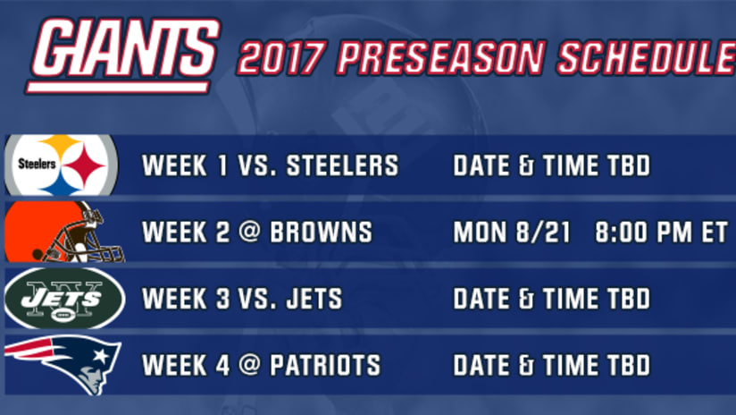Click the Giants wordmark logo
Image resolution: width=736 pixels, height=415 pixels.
tap(123, 55)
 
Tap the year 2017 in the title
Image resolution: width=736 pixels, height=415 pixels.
tap(280, 58)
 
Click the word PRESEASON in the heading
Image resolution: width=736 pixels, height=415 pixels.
tap(441, 58)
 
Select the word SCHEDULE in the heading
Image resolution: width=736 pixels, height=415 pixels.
tap(647, 58)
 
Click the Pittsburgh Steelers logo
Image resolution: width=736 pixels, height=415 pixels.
tap(61, 165)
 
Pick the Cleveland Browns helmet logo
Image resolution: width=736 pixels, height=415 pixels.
tap(64, 232)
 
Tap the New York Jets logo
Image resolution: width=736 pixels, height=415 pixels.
tap(65, 299)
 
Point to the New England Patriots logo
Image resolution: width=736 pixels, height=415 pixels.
tap(63, 364)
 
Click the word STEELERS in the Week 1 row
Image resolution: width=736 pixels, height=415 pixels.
tap(343, 165)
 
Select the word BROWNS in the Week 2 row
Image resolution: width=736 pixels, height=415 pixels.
tap(321, 233)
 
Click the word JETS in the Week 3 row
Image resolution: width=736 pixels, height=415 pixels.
tap(314, 299)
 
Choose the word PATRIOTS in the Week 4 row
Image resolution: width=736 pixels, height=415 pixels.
tap(325, 365)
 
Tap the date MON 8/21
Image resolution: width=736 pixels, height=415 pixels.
tap(512, 233)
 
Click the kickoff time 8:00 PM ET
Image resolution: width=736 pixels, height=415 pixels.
tap(661, 233)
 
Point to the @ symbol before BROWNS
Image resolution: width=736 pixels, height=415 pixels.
tap(249, 233)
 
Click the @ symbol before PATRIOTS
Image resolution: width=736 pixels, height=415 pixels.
tap(249, 365)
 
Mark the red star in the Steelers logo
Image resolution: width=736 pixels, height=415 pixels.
tap(86, 165)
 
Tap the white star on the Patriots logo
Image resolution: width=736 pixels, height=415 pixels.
tap(101, 355)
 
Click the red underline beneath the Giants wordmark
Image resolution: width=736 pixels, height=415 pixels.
tap(117, 88)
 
